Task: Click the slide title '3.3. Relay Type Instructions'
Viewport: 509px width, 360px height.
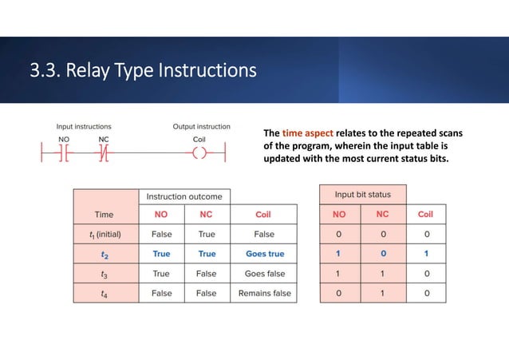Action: [x=144, y=72]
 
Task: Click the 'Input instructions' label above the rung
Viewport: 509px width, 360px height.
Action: [x=84, y=126]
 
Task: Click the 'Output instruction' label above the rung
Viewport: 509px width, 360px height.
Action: [x=202, y=126]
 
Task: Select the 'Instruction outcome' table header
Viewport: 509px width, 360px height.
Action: [x=184, y=196]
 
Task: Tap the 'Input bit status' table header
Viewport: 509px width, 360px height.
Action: [x=363, y=195]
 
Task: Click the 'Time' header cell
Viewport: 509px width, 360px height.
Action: [x=105, y=214]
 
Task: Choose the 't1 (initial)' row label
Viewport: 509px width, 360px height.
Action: [x=105, y=234]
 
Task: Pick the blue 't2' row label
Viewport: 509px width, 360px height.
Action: [x=105, y=254]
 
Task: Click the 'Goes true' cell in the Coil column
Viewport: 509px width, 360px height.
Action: [x=264, y=254]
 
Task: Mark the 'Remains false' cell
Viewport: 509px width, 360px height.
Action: [x=264, y=293]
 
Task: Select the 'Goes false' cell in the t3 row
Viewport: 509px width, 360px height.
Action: [x=264, y=274]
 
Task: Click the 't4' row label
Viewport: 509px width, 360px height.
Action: [x=105, y=293]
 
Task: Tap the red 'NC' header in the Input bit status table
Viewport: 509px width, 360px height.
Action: [x=383, y=214]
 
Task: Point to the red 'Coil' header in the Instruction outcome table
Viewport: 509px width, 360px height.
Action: [x=264, y=214]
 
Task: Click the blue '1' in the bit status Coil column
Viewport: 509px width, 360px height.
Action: [x=425, y=254]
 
